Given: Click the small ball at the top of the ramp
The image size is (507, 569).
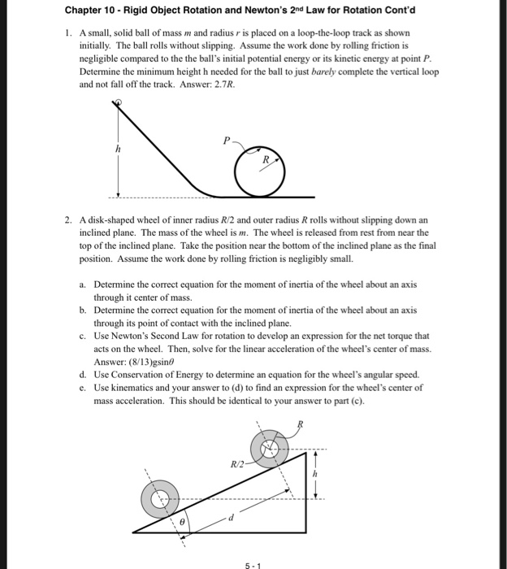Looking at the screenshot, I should [x=119, y=103].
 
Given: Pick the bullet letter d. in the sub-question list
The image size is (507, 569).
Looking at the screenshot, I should [x=84, y=375].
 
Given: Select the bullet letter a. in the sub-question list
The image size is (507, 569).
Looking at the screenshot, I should [x=84, y=284].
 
